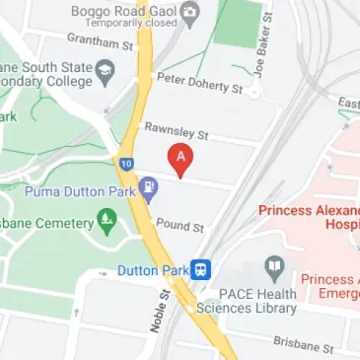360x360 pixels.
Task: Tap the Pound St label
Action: point(180,226)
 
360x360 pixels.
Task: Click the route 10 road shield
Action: point(126,163)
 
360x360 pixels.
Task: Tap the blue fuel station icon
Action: point(148,186)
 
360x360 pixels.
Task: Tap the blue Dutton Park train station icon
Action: point(202,267)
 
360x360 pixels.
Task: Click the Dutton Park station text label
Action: point(152,268)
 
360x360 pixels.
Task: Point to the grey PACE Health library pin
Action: point(273,266)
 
